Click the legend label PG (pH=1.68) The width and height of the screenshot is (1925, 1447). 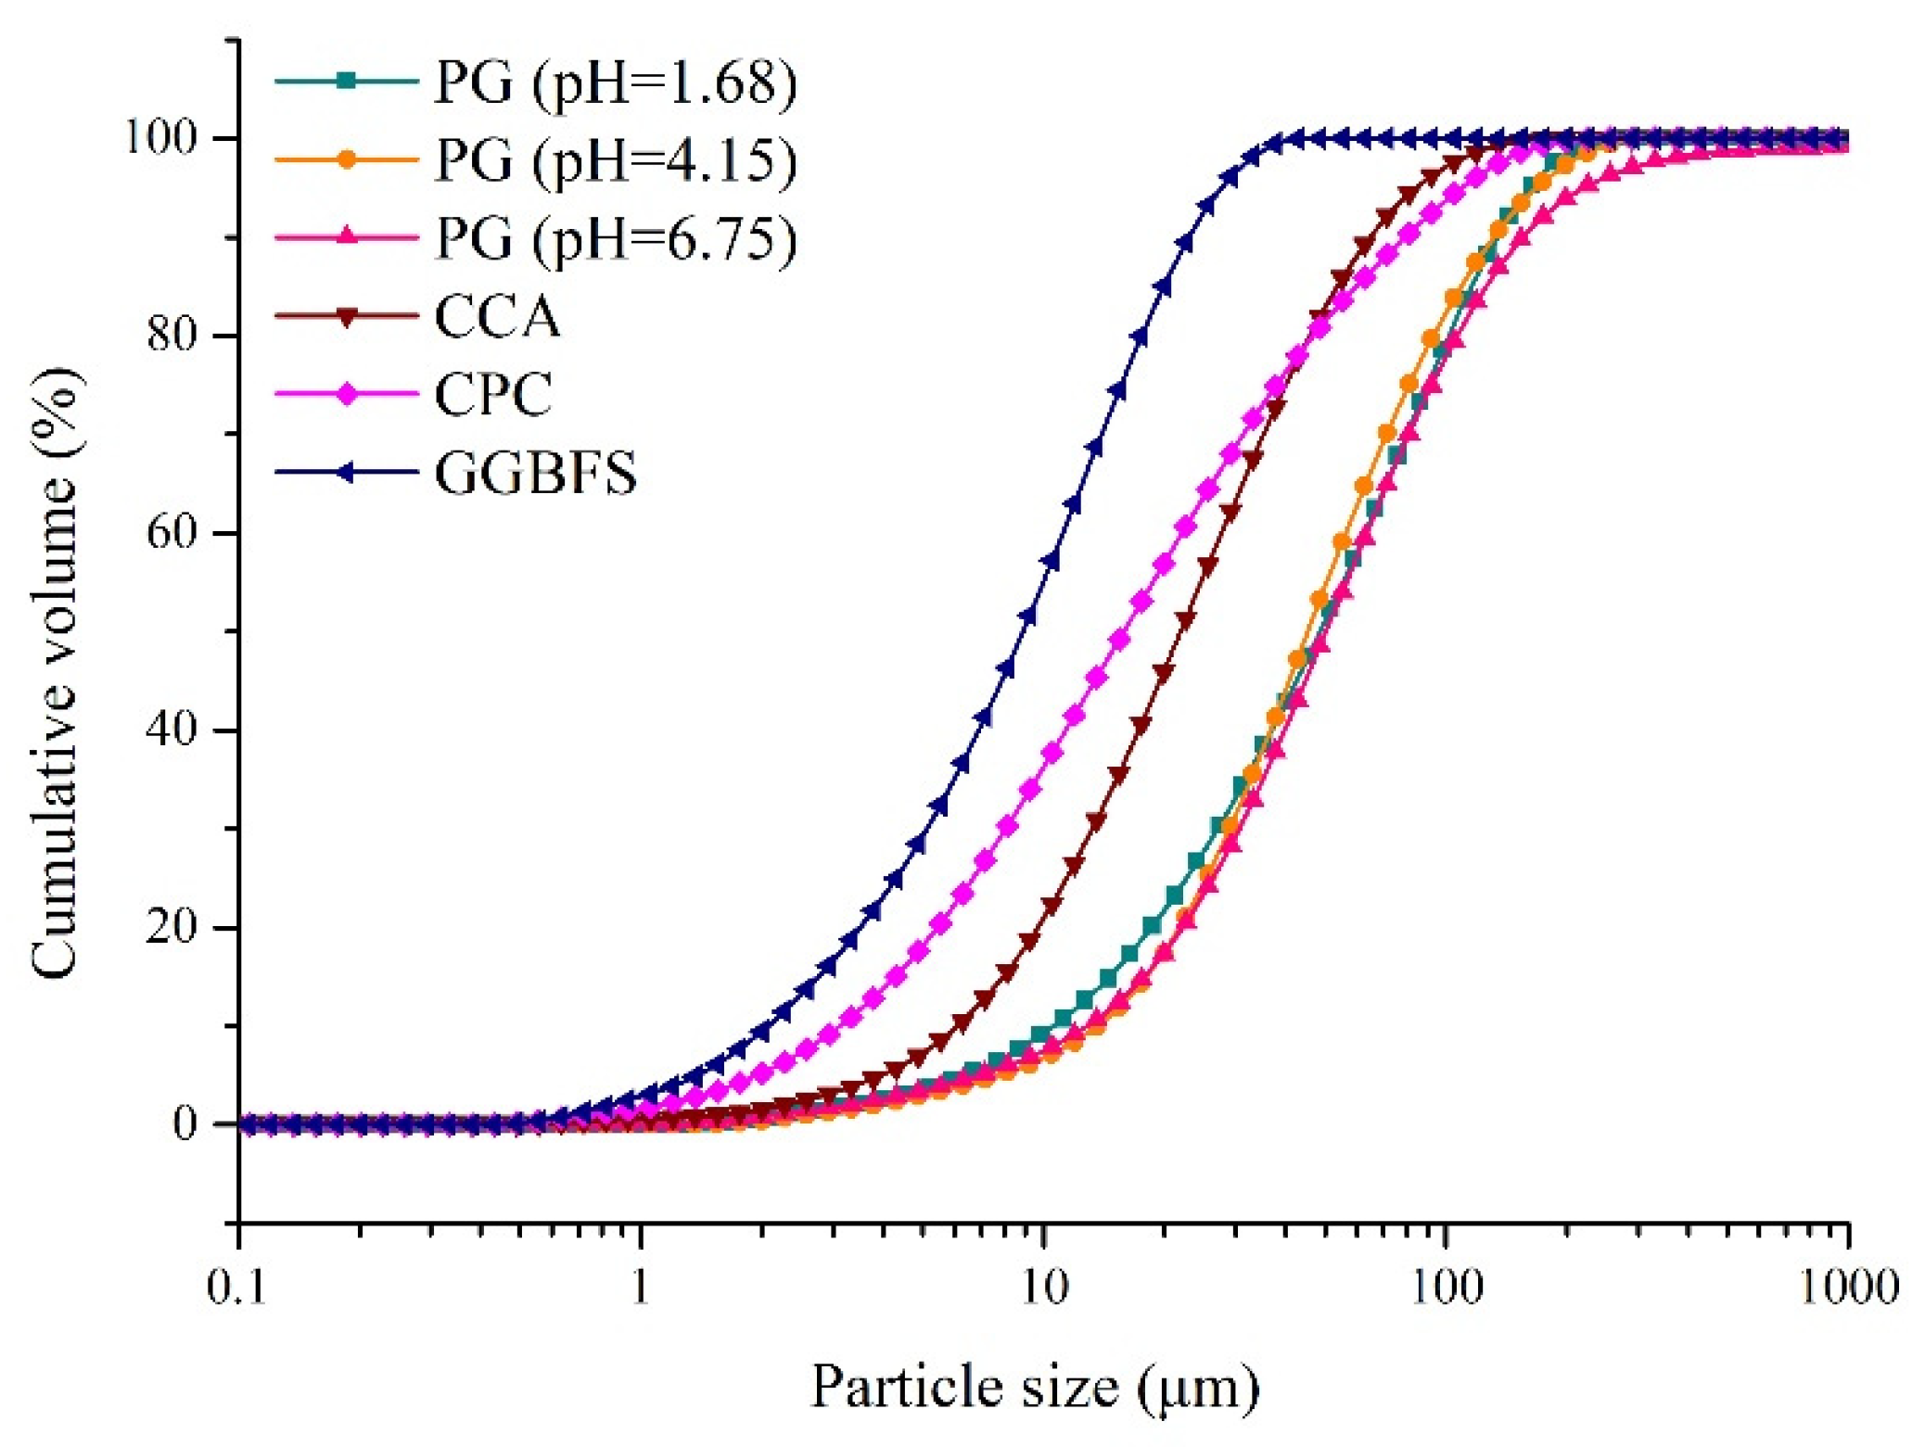coord(616,83)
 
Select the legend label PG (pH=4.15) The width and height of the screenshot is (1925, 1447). coord(616,160)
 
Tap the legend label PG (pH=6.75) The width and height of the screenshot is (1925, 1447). coord(616,238)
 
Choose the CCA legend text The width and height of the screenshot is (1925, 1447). coord(498,317)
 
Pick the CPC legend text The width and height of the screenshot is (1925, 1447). coord(493,394)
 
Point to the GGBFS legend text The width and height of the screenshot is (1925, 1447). coord(536,473)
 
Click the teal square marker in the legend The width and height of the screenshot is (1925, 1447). coord(346,81)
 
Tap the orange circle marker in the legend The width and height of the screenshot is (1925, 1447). coord(346,159)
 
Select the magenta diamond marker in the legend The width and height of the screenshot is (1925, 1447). coord(346,394)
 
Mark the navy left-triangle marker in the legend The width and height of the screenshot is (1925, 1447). coord(346,473)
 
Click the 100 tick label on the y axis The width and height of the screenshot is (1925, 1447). coord(163,138)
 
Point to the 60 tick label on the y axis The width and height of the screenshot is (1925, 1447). coord(173,533)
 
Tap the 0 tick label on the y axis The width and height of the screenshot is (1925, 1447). coord(185,1124)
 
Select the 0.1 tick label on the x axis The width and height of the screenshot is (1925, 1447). coord(237,1287)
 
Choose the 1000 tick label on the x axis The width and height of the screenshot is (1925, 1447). coord(1849,1287)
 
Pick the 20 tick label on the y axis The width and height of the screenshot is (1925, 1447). coord(173,927)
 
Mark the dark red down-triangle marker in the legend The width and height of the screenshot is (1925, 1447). coord(346,317)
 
